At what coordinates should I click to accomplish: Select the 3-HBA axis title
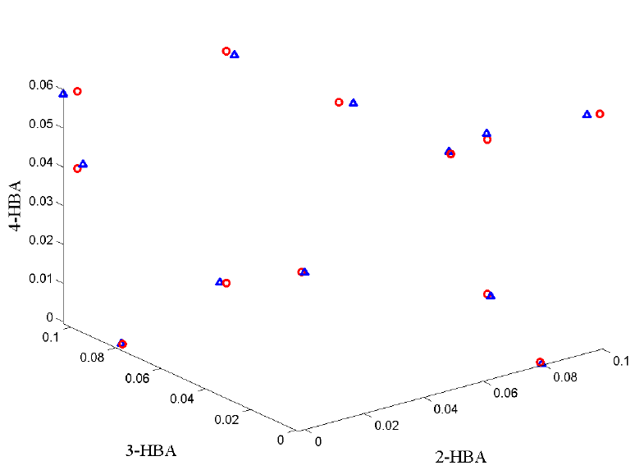click(x=150, y=450)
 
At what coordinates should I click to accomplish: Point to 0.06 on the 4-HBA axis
click(x=42, y=85)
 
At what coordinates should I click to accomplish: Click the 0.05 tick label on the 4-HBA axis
click(x=42, y=125)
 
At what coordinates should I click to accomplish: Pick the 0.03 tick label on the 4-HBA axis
click(x=42, y=202)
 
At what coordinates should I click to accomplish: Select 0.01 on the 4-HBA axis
click(x=42, y=280)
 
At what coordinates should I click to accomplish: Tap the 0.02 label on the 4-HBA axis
click(x=42, y=241)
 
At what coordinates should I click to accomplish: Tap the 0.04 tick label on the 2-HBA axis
click(x=446, y=408)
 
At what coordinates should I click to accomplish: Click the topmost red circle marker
click(x=226, y=52)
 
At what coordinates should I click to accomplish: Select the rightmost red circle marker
click(x=600, y=114)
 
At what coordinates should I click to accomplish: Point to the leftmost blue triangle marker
click(x=63, y=94)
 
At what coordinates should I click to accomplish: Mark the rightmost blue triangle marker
click(x=587, y=114)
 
